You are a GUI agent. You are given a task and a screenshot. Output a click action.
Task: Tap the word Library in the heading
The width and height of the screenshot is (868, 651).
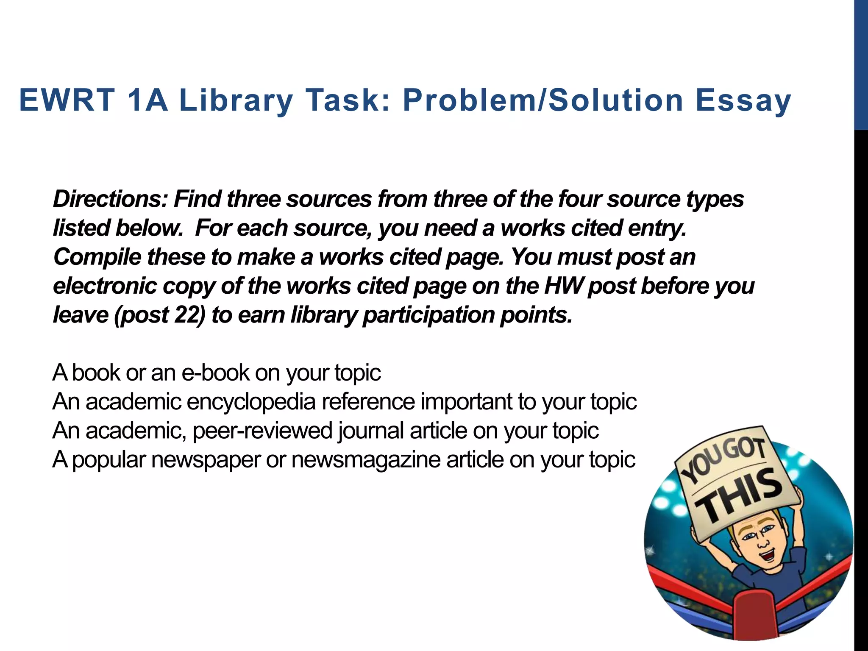pyautogui.click(x=236, y=101)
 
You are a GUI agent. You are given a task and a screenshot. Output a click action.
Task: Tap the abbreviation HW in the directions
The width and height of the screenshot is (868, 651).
pyautogui.click(x=562, y=286)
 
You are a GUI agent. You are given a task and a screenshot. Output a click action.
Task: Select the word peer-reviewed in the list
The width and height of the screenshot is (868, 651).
pyautogui.click(x=263, y=431)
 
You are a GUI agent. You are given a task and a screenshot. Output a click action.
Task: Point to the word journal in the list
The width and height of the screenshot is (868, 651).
pyautogui.click(x=371, y=431)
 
